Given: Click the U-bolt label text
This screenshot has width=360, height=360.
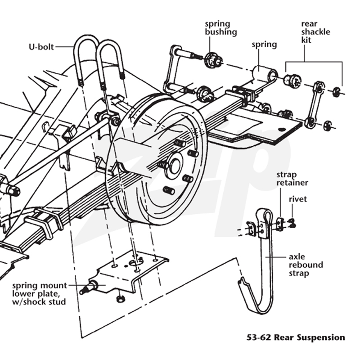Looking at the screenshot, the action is (x=41, y=47).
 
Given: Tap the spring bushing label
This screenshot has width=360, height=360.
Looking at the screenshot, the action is (x=220, y=28).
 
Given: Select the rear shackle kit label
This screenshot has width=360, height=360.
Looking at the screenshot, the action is (x=315, y=32).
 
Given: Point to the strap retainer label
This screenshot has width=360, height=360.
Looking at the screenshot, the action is (x=292, y=179).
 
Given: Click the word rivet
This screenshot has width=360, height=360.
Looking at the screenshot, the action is (x=298, y=199).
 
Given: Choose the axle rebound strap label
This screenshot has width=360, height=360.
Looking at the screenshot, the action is (x=306, y=265).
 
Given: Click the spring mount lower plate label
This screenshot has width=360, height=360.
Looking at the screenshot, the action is (x=39, y=294).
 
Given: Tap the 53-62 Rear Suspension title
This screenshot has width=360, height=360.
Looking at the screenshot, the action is (x=296, y=337).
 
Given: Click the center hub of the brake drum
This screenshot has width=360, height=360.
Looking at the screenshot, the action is (x=175, y=166).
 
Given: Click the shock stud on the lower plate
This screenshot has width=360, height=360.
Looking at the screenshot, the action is (x=88, y=288).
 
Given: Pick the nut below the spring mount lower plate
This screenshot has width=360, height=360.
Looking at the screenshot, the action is (x=120, y=299).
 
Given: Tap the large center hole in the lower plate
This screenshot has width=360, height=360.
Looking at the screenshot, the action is (x=136, y=262).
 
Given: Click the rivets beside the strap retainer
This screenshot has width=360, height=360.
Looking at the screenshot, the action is (x=292, y=223).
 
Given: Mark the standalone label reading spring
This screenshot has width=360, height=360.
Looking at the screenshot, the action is (x=264, y=45).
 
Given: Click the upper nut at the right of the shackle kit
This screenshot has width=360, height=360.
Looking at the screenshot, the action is (x=336, y=92).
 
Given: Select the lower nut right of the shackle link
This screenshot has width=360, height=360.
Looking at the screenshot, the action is (x=327, y=125).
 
